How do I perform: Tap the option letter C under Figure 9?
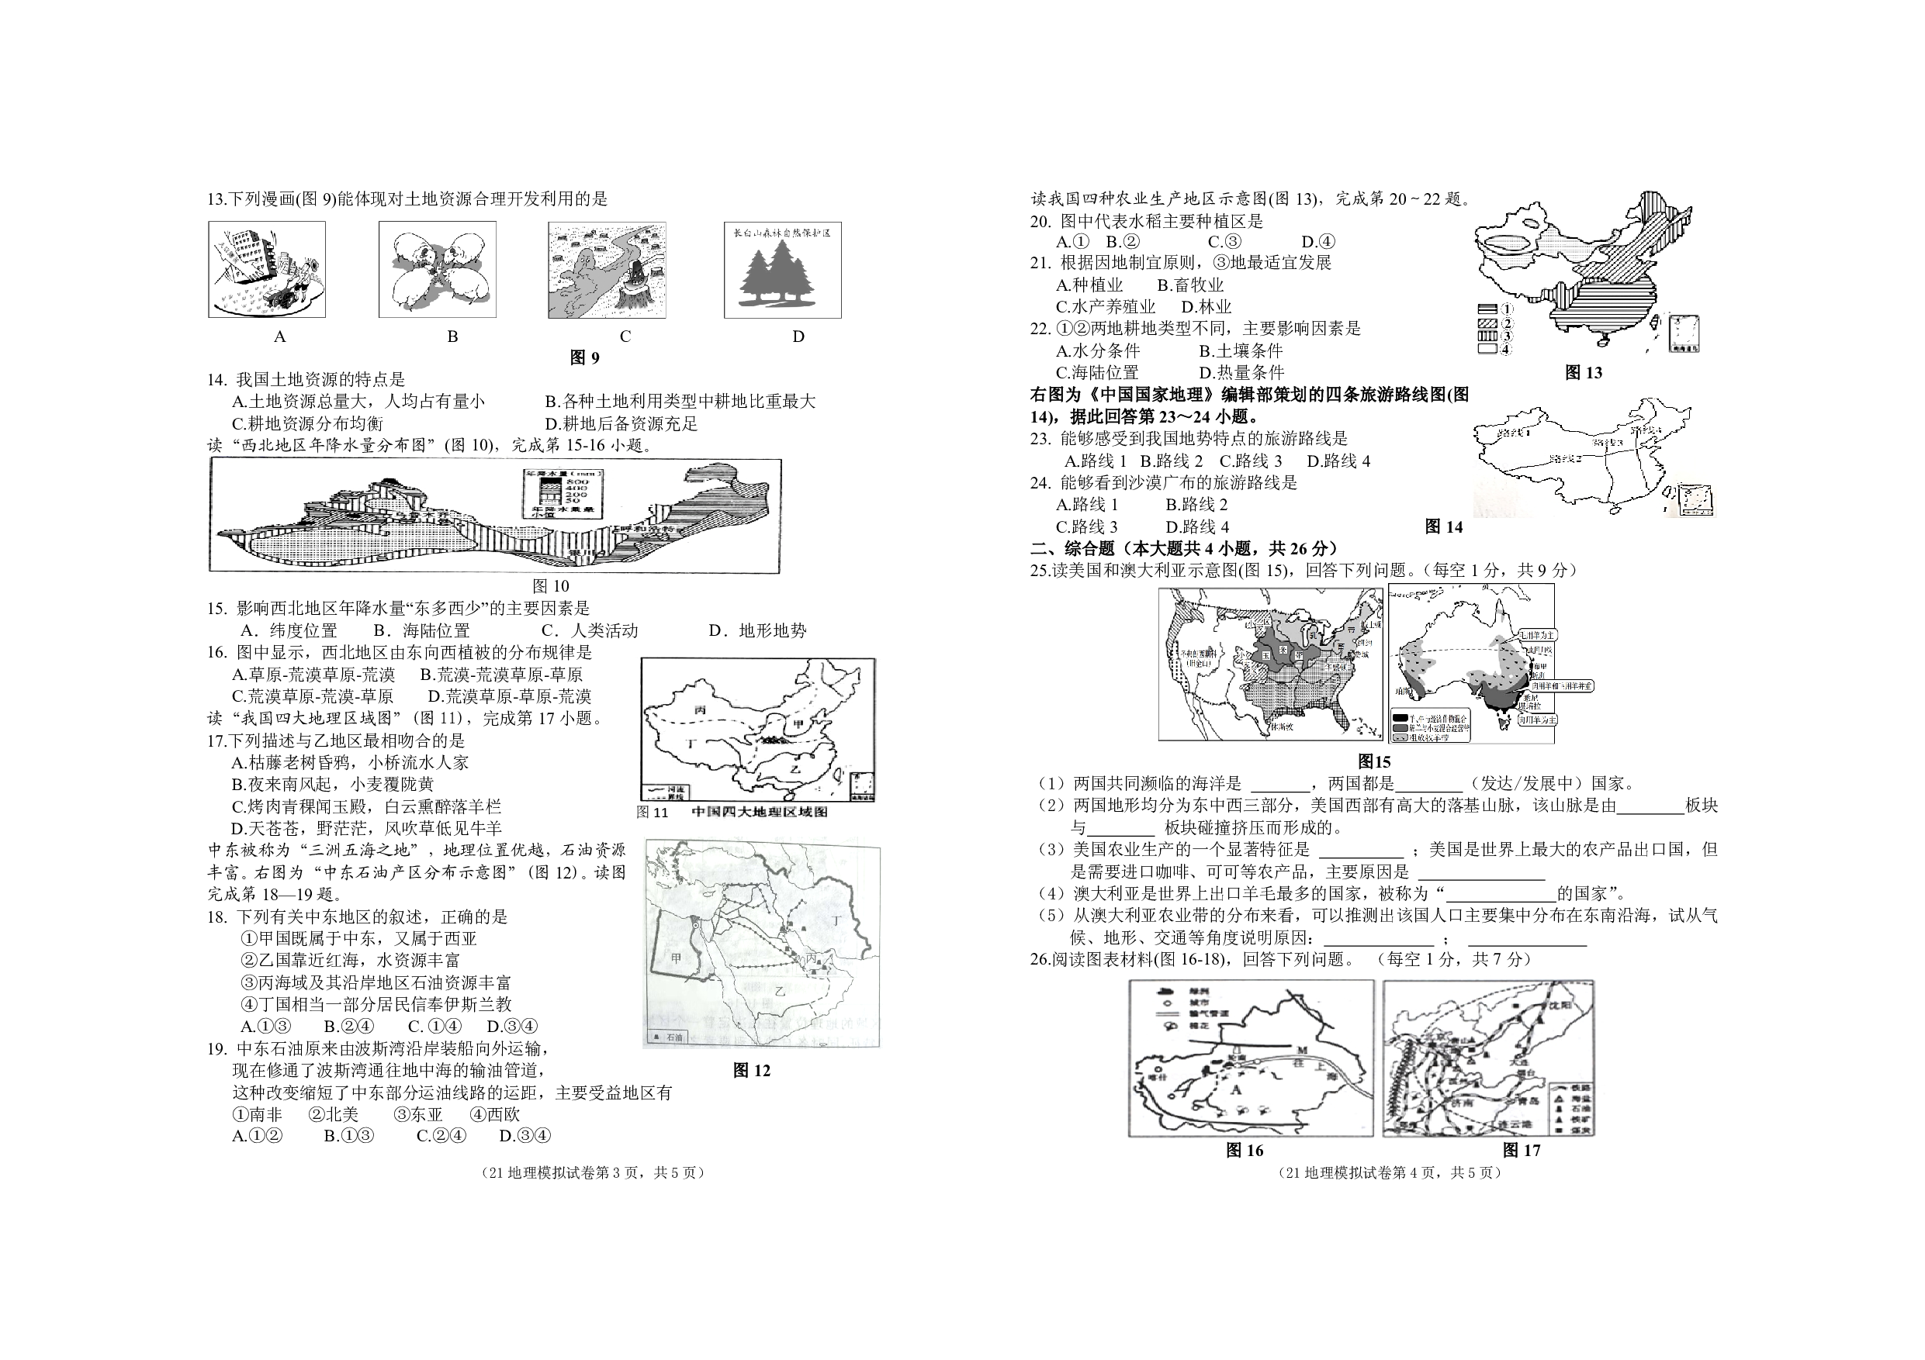[625, 337]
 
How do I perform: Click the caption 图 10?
[550, 585]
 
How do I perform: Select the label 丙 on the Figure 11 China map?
[700, 709]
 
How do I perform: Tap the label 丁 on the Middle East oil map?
[834, 920]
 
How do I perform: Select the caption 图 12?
[750, 1070]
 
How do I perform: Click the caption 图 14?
[1444, 526]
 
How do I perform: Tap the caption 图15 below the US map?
[1373, 761]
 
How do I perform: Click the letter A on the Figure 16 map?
[1235, 1090]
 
